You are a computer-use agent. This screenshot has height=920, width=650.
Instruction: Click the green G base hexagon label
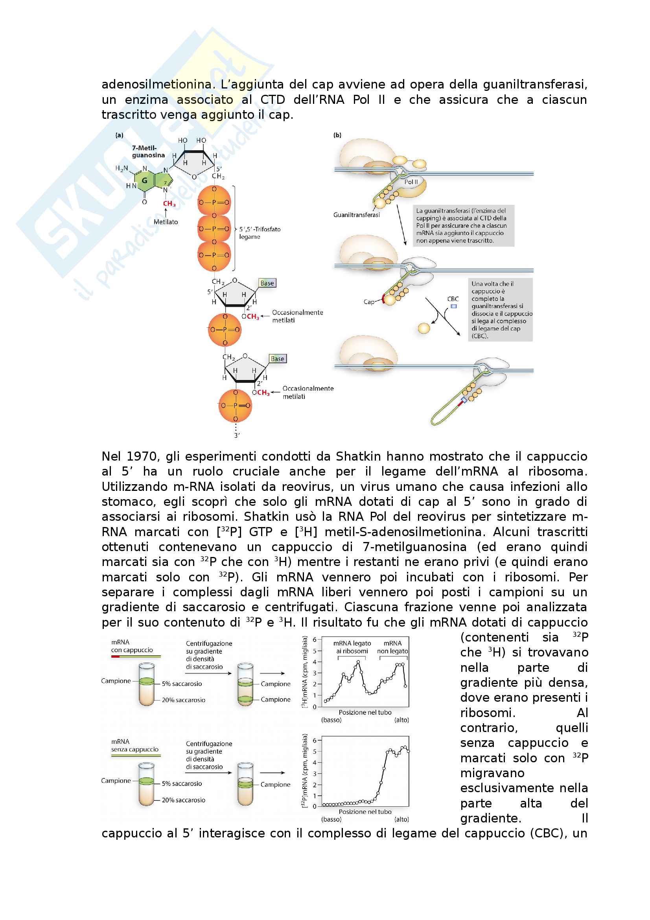145,180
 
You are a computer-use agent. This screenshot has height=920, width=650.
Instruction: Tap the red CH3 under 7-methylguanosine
169,204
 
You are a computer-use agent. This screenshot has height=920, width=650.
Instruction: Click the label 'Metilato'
166,221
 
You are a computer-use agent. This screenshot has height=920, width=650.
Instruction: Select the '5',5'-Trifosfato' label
260,229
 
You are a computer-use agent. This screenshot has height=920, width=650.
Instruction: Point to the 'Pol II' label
411,182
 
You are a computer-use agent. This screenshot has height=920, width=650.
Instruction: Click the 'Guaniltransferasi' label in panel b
356,215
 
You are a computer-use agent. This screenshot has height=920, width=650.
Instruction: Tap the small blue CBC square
454,306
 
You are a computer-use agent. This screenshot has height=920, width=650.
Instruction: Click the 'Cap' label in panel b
369,302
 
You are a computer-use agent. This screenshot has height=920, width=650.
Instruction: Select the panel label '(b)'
337,135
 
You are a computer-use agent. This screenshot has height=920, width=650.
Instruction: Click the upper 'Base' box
267,283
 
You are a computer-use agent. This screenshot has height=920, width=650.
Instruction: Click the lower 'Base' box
278,359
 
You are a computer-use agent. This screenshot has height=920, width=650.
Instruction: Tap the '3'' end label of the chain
237,435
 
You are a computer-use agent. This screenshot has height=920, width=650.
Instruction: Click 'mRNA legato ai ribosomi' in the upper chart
352,647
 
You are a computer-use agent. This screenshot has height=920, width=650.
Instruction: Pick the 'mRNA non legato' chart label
392,647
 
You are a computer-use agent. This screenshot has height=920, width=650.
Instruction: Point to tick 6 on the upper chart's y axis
315,640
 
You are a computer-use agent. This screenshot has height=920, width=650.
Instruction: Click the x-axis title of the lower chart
365,811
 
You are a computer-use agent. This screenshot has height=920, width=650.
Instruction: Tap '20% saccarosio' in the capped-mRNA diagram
183,700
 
